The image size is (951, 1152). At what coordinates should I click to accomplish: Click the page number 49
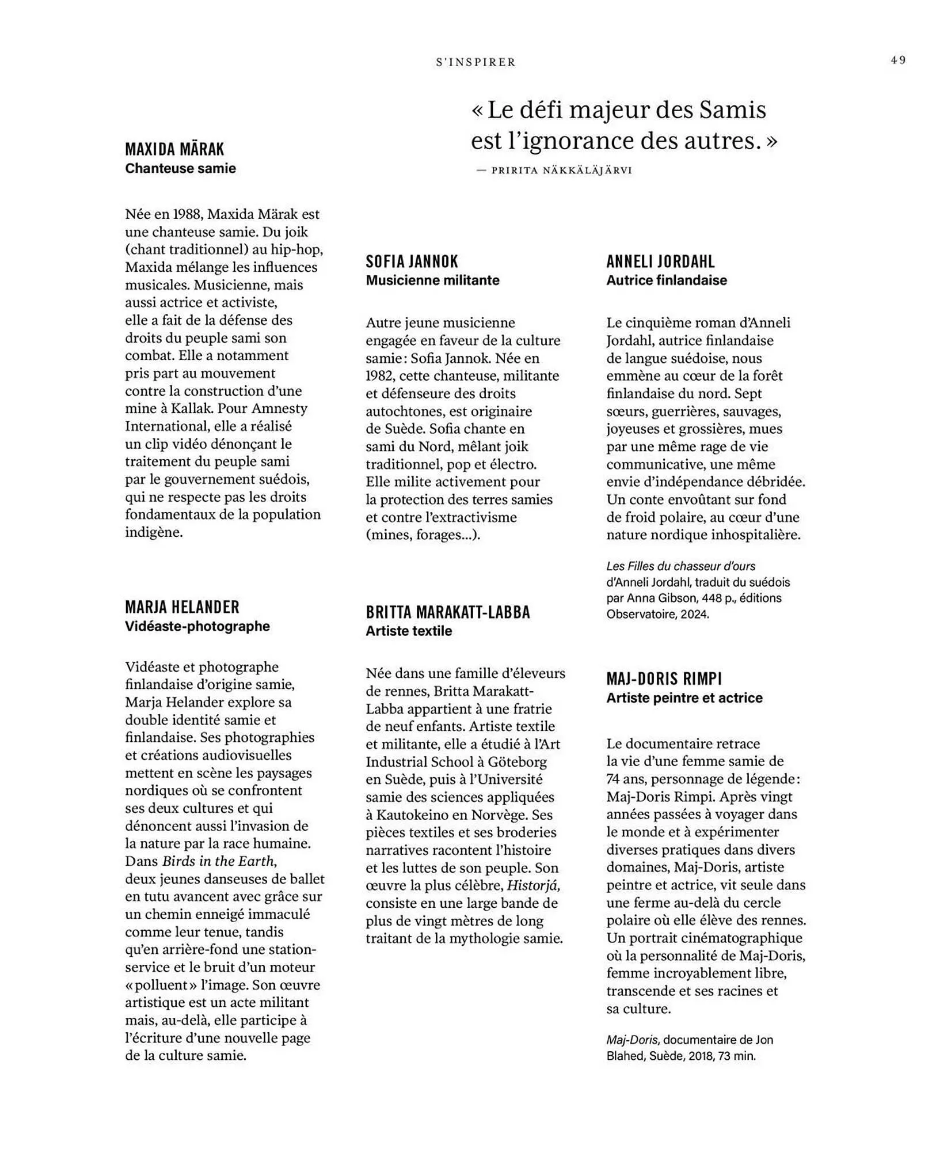[x=898, y=60]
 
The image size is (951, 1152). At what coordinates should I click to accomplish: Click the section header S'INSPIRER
[x=475, y=62]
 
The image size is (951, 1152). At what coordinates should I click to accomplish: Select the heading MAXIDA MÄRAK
[x=174, y=149]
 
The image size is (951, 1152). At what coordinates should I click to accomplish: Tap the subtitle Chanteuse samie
[x=180, y=169]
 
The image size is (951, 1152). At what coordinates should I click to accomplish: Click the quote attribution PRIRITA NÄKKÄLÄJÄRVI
[x=561, y=170]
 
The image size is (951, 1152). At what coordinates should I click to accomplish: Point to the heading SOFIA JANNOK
[x=412, y=262]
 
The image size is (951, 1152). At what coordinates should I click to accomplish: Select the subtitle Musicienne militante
[x=432, y=281]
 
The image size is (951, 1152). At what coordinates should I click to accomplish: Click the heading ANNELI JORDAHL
[x=660, y=262]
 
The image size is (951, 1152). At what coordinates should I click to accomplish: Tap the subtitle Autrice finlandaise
[x=666, y=281]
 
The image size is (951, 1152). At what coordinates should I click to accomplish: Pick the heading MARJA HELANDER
[x=182, y=607]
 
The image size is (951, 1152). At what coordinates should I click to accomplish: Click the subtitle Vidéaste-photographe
[x=197, y=626]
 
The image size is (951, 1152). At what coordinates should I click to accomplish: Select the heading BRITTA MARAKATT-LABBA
[x=447, y=612]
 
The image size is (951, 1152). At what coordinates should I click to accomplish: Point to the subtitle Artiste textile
[x=409, y=631]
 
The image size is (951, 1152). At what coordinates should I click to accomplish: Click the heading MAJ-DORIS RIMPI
[x=664, y=679]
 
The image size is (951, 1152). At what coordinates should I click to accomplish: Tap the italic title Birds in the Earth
[x=218, y=862]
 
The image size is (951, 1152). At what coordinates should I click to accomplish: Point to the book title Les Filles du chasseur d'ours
[x=680, y=566]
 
